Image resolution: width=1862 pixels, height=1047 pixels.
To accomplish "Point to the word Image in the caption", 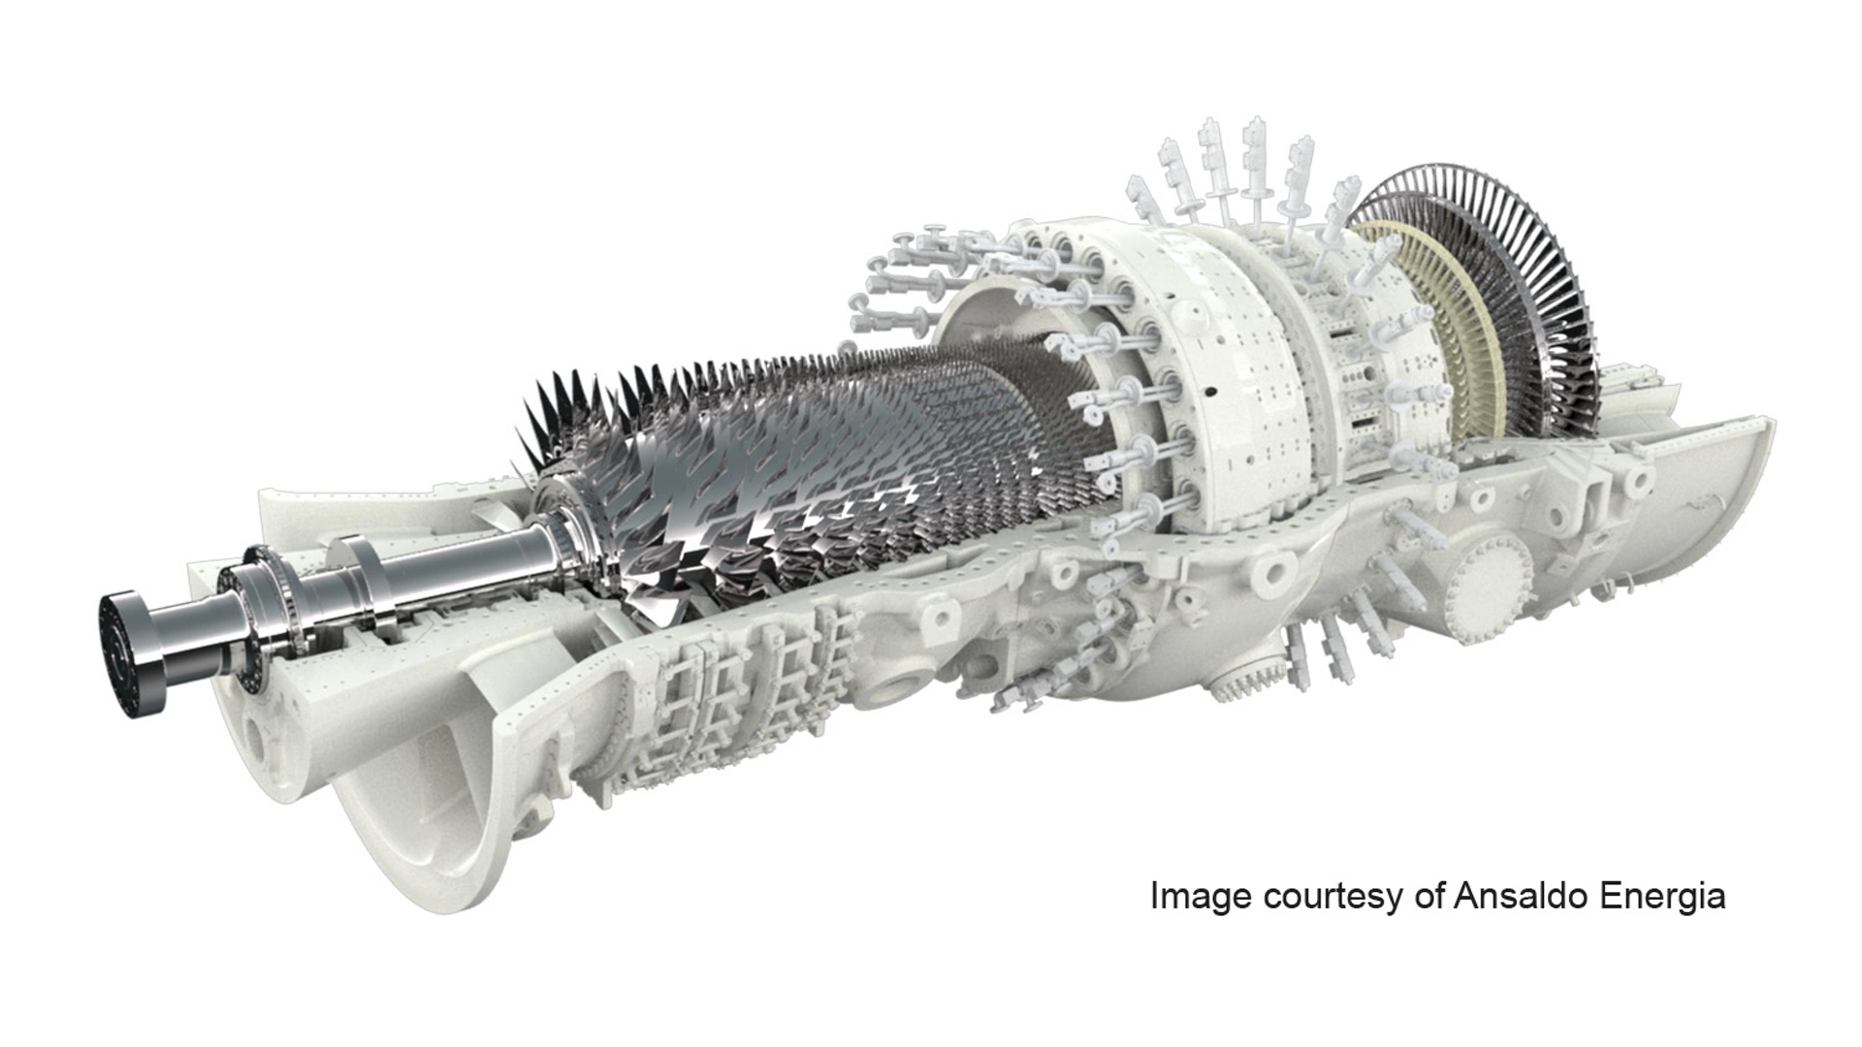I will tap(1201, 897).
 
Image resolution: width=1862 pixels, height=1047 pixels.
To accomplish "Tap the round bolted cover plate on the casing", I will tap(1491, 581).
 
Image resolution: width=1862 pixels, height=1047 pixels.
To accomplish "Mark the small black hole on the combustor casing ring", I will tap(1209, 393).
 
